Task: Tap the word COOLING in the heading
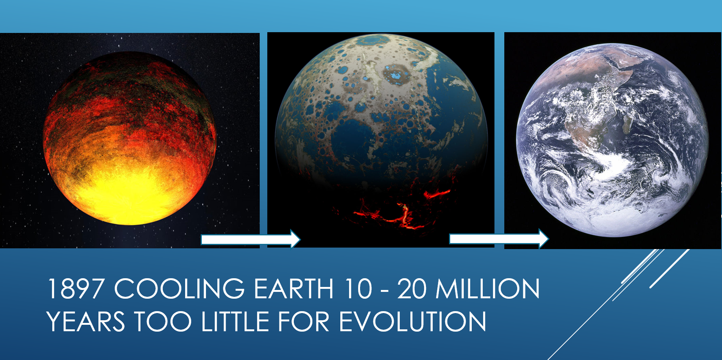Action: click(179, 289)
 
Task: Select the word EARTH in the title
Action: click(293, 289)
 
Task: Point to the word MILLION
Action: click(488, 289)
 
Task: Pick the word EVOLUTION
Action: click(412, 322)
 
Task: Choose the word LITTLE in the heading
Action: click(235, 322)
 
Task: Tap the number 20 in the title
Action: click(412, 289)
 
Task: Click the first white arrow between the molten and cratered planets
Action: click(250, 239)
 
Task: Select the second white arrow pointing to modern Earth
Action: click(498, 239)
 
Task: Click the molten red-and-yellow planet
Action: click(129, 138)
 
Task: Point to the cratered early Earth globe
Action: click(381, 114)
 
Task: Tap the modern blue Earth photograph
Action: click(612, 140)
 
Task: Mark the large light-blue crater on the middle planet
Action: click(396, 75)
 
